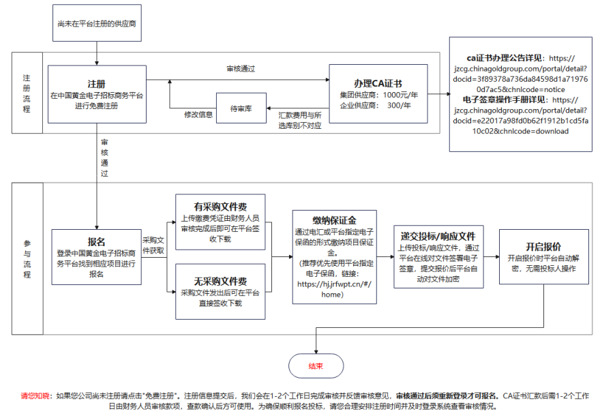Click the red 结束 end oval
(x=316, y=365)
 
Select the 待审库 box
(x=241, y=108)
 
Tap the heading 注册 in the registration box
(x=96, y=84)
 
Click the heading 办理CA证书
(x=378, y=83)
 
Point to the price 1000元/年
(x=400, y=95)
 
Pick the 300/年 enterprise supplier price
(x=399, y=105)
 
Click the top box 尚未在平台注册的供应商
(x=97, y=23)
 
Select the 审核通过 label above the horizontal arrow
(x=241, y=69)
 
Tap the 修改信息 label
(x=198, y=115)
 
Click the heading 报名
(x=96, y=242)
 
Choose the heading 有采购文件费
(x=220, y=207)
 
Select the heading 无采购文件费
(x=220, y=282)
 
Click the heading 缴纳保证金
(x=334, y=221)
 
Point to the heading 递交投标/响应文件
(x=438, y=237)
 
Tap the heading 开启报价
(x=543, y=247)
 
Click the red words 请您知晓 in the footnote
(x=35, y=396)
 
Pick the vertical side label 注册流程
(x=27, y=93)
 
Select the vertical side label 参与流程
(x=27, y=259)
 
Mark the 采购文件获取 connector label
(x=153, y=245)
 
